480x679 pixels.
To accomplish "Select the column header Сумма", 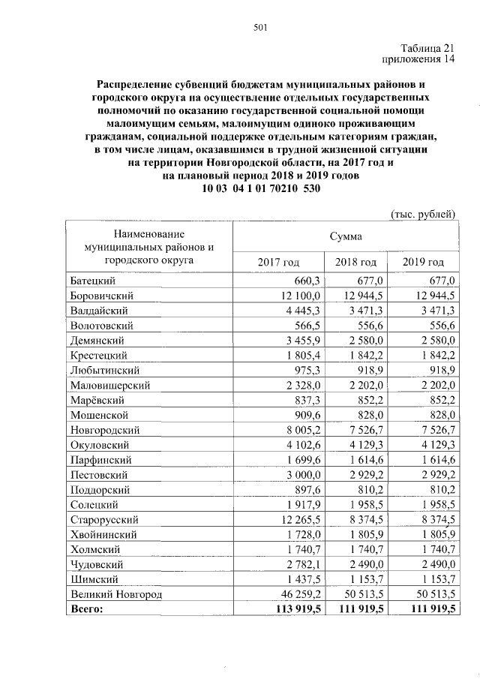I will pos(345,236).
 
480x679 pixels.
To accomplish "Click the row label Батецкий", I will pos(92,280).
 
